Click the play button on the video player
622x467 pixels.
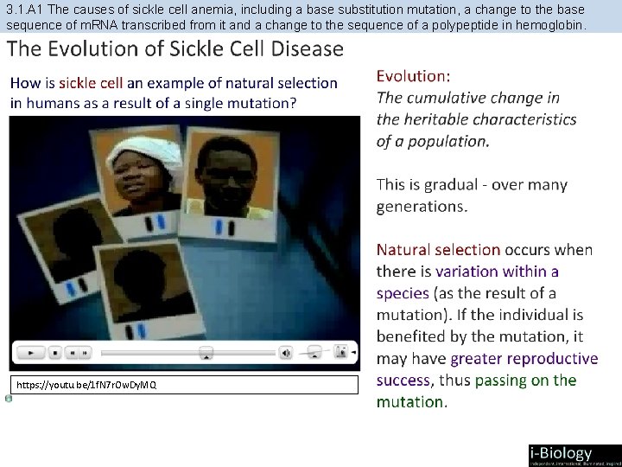[x=31, y=353]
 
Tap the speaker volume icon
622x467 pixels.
[x=285, y=353]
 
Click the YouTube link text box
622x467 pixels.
[x=184, y=385]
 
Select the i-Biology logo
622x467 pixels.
[x=573, y=455]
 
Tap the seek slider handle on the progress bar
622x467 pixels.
[x=206, y=353]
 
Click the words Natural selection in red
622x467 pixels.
[x=438, y=250]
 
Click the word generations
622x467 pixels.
[x=422, y=206]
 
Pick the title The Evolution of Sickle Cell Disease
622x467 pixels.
[x=176, y=49]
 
